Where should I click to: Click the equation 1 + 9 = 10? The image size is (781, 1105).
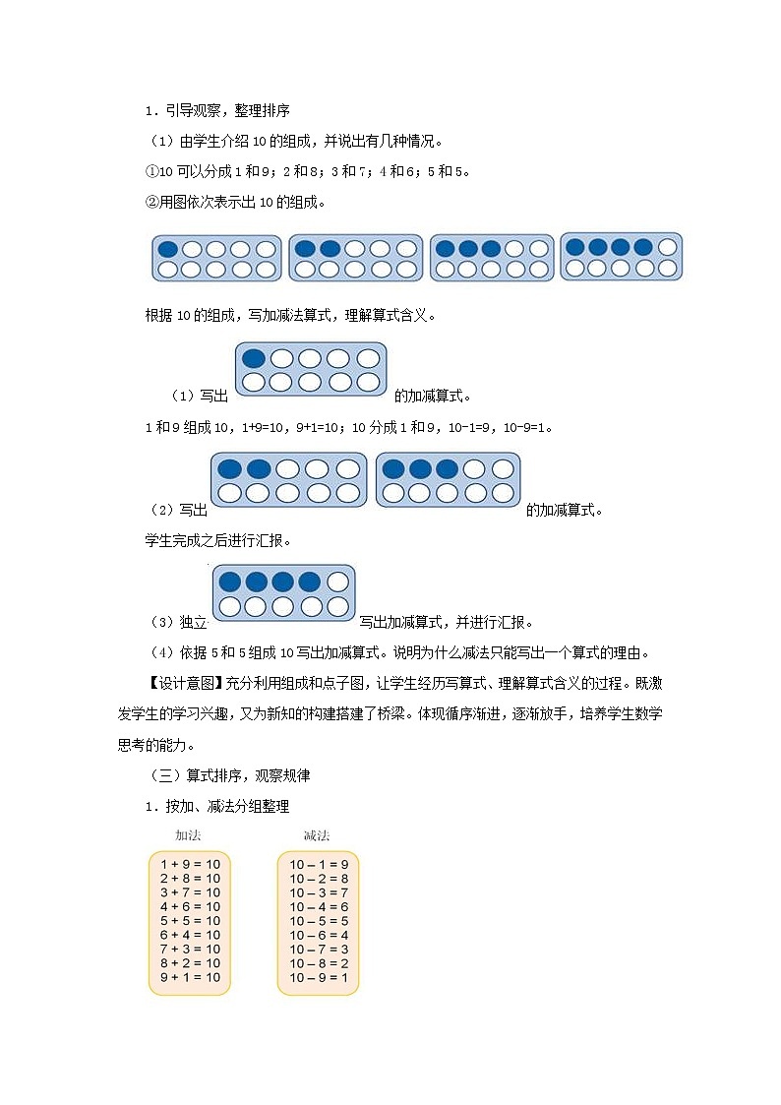pyautogui.click(x=190, y=864)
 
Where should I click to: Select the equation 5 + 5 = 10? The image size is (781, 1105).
pyautogui.click(x=190, y=921)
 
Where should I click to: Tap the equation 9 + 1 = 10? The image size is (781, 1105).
pyautogui.click(x=190, y=977)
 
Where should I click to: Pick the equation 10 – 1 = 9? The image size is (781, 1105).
pyautogui.click(x=319, y=864)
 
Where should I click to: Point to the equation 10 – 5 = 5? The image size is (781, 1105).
pyautogui.click(x=319, y=921)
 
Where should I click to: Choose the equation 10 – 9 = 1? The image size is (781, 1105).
pyautogui.click(x=319, y=977)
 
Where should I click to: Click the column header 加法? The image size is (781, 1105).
pyautogui.click(x=188, y=835)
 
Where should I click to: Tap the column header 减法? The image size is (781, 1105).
pyautogui.click(x=317, y=835)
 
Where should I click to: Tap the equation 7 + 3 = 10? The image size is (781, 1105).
pyautogui.click(x=190, y=949)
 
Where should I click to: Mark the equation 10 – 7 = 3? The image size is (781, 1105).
pyautogui.click(x=319, y=949)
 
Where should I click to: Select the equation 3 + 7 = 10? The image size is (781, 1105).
pyautogui.click(x=190, y=892)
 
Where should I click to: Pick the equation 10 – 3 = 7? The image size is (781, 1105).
pyautogui.click(x=319, y=892)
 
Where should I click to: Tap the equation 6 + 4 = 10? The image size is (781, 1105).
pyautogui.click(x=190, y=935)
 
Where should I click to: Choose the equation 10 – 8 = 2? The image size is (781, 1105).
pyautogui.click(x=319, y=963)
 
